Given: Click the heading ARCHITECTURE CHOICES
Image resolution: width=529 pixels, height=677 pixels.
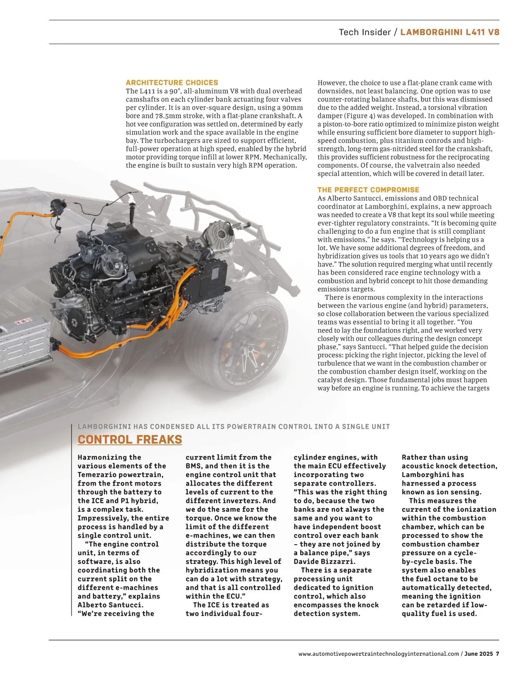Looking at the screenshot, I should click(x=172, y=82).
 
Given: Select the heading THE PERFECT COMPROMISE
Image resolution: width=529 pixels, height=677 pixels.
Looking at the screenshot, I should click(x=368, y=190).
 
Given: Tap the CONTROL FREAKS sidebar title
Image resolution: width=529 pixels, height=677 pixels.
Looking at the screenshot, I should click(x=130, y=439).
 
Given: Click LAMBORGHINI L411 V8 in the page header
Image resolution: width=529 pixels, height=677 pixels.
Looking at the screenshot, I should click(x=450, y=32).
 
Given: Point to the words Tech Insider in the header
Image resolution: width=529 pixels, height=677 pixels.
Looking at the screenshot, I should click(x=365, y=32).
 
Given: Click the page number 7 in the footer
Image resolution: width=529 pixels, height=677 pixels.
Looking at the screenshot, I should click(x=497, y=654).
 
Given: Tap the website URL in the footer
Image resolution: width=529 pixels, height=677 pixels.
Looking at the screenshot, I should click(x=379, y=654).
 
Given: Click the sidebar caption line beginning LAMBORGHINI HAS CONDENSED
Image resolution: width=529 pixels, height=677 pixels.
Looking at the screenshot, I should click(x=234, y=426).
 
